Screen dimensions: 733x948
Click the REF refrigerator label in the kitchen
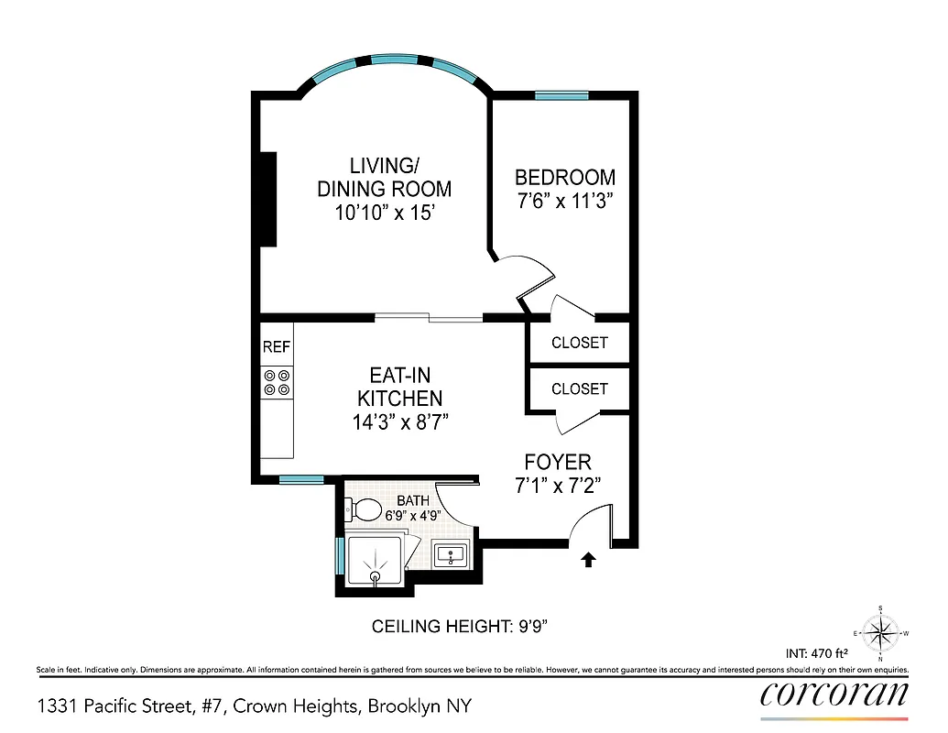[277, 347]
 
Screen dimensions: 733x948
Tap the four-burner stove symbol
[277, 382]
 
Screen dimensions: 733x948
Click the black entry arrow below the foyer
[587, 559]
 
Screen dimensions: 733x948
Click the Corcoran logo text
[834, 694]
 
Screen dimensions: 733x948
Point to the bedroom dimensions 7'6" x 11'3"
[564, 201]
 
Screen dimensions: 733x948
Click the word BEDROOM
[564, 177]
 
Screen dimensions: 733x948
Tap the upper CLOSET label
[579, 343]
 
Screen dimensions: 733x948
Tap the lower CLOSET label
[579, 388]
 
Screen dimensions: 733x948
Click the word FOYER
[558, 462]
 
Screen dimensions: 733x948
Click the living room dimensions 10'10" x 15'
[384, 213]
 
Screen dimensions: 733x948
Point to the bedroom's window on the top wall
[561, 94]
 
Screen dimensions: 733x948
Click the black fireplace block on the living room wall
[267, 198]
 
